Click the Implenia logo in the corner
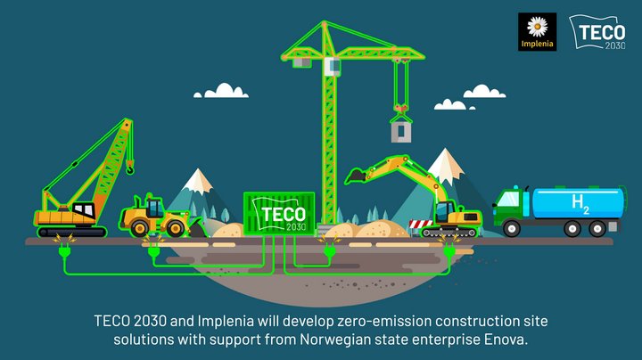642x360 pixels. click(537, 32)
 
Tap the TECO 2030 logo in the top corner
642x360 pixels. click(597, 32)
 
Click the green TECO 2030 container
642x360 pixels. click(279, 214)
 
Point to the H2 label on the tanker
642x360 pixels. click(580, 204)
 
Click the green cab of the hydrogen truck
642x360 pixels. click(508, 206)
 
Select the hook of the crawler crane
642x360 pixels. click(130, 168)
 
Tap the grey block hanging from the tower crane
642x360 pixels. click(401, 132)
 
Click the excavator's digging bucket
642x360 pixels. click(356, 176)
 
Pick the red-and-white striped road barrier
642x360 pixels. click(421, 224)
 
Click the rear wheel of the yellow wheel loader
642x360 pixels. click(139, 228)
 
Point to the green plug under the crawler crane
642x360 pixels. click(64, 250)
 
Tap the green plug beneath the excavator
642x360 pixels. click(449, 250)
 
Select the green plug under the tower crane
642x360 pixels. click(330, 250)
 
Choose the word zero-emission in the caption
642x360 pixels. click(384, 321)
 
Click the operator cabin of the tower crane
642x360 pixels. click(332, 66)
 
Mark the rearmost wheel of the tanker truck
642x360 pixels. click(597, 228)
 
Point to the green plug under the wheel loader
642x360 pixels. click(153, 250)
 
